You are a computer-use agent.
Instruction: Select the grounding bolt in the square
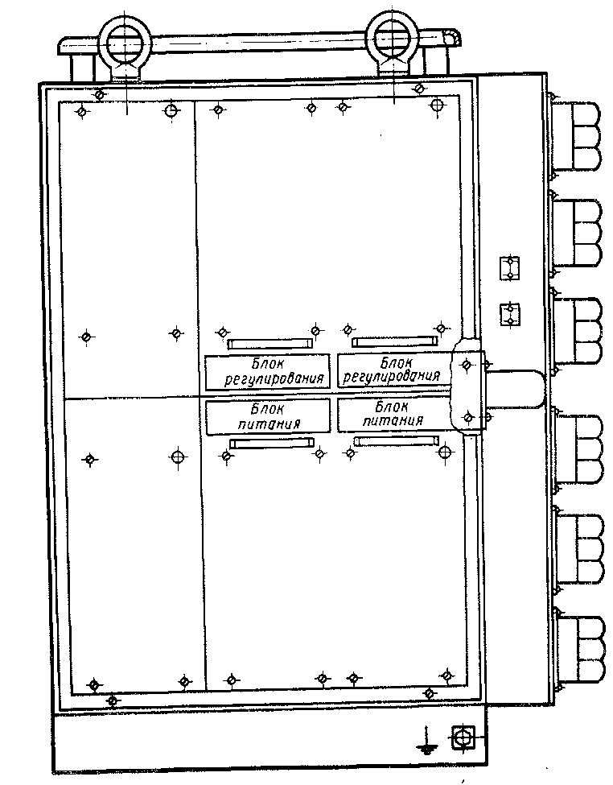click(463, 737)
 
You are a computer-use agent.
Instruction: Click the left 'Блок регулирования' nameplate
click(267, 371)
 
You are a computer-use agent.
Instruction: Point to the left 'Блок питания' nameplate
click(268, 416)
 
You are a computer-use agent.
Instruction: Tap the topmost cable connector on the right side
click(575, 136)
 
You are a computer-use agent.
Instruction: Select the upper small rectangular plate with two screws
click(509, 268)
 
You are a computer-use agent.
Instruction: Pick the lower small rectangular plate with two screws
click(510, 315)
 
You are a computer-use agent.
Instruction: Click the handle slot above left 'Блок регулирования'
click(269, 344)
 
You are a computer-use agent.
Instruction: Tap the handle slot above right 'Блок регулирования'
click(394, 342)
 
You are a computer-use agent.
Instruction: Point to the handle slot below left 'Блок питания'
click(272, 443)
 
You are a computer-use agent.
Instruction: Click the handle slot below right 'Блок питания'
click(396, 440)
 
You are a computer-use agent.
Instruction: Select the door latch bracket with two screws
click(467, 390)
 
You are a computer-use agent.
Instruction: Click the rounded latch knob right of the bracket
click(516, 389)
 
